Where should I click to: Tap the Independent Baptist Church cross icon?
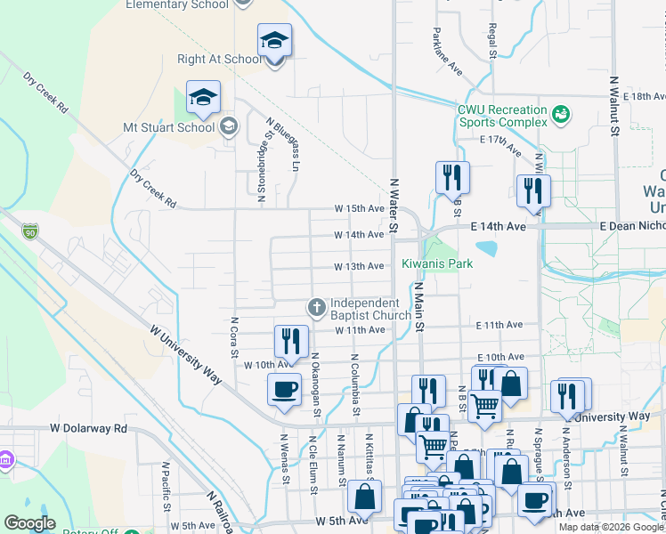(x=315, y=307)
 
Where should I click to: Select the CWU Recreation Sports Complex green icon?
(x=561, y=114)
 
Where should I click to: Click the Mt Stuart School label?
(x=169, y=127)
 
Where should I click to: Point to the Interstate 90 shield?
(x=30, y=231)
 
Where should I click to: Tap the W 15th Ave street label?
(x=359, y=207)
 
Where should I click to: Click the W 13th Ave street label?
(x=359, y=266)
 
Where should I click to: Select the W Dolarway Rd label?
(x=89, y=428)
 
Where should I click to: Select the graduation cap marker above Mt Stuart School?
(x=203, y=96)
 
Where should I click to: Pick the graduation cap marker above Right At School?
(x=274, y=40)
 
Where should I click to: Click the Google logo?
(x=29, y=523)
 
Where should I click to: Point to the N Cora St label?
(x=235, y=336)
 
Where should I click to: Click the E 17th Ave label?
(x=499, y=144)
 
